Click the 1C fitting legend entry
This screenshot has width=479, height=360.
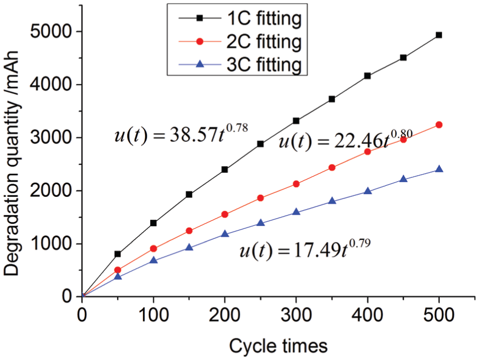[240, 19]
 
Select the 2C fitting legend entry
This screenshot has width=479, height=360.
[240, 42]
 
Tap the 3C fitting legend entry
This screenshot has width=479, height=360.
[240, 65]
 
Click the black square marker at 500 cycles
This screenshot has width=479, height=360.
[439, 35]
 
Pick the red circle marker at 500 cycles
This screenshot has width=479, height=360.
[439, 125]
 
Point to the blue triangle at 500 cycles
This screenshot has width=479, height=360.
[439, 169]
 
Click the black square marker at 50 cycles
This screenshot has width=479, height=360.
[118, 254]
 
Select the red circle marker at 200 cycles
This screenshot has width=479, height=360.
[224, 214]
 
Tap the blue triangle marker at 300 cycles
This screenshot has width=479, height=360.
[296, 211]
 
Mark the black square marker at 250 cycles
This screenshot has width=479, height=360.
[260, 144]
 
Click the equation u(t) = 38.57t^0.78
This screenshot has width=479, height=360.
[181, 133]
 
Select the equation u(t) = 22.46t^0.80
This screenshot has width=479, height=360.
[346, 140]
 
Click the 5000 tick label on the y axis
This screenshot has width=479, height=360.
[51, 31]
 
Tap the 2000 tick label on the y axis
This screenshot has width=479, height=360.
[51, 191]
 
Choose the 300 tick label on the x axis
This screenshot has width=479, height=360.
[296, 314]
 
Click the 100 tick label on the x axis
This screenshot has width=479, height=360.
[153, 314]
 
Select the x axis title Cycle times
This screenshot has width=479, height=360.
[278, 346]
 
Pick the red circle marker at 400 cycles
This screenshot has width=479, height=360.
[367, 151]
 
